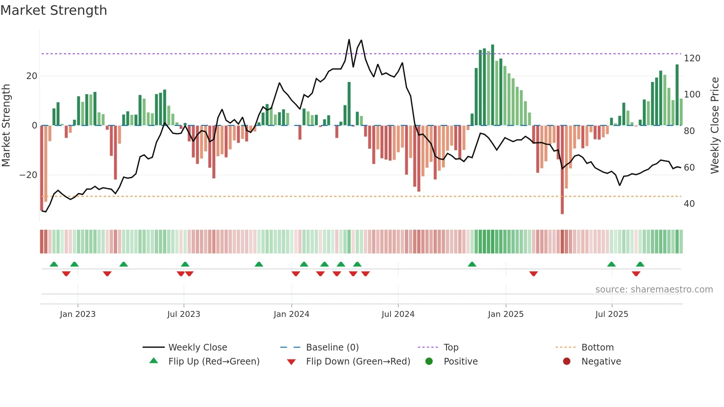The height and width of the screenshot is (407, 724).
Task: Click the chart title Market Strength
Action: tap(54, 10)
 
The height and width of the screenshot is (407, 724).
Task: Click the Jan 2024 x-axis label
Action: tap(291, 314)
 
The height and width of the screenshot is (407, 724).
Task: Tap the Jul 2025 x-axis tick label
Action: tap(611, 314)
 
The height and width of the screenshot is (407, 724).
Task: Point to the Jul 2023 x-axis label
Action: tap(184, 314)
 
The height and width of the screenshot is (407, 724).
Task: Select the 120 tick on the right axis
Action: tap(692, 58)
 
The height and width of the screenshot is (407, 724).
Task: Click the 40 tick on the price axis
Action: tap(689, 204)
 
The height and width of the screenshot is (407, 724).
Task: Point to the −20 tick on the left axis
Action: tap(28, 175)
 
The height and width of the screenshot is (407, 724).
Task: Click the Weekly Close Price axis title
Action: tap(715, 126)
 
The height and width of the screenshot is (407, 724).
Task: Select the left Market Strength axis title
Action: tap(6, 126)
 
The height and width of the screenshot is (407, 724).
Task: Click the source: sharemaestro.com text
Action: tap(654, 290)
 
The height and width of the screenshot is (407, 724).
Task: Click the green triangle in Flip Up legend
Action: tap(154, 361)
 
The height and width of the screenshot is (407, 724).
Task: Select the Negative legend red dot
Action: tap(567, 362)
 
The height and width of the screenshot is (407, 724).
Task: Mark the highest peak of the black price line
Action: tap(349, 40)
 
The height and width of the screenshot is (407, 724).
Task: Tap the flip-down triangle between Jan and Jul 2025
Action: tap(533, 274)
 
